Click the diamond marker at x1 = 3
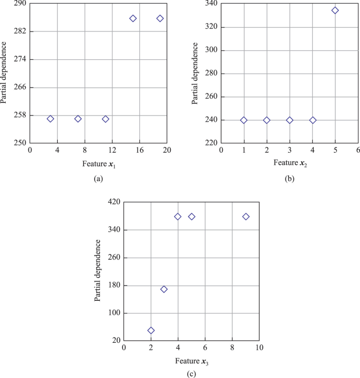[x=50, y=119]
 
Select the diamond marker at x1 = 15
[x=133, y=18]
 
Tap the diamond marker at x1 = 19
[x=160, y=18]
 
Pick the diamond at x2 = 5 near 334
[x=335, y=10]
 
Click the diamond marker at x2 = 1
[x=244, y=120]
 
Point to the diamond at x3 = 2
[x=151, y=330]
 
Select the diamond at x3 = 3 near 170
[x=164, y=289]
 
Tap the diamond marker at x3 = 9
[x=246, y=216]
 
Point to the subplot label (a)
[x=98, y=179]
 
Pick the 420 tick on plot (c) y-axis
[x=114, y=202]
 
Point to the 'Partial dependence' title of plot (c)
[x=98, y=270]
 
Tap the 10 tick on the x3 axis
[x=259, y=348]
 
